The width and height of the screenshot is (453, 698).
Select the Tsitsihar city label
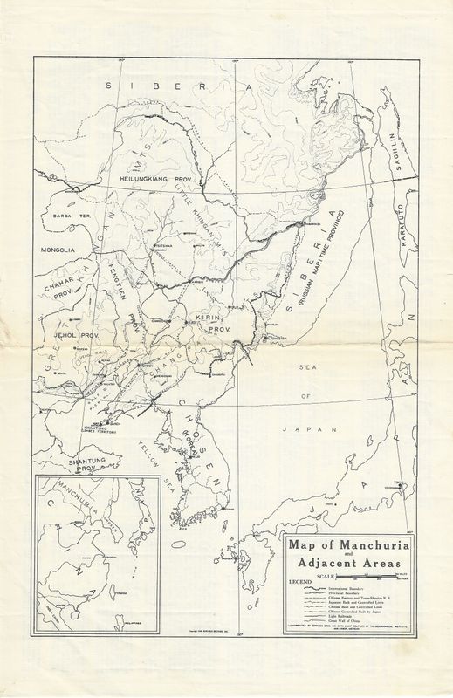163,246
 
